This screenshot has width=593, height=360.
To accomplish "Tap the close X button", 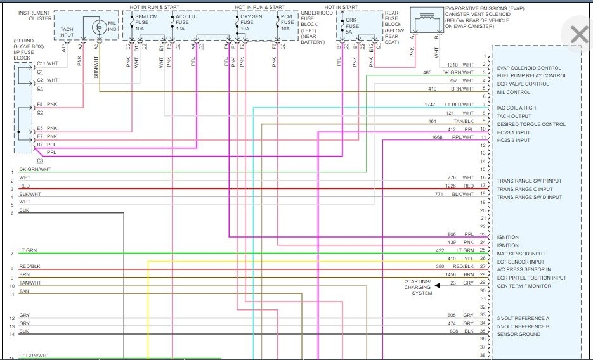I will [579, 35].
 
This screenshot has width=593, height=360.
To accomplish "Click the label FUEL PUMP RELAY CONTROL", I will [531, 75].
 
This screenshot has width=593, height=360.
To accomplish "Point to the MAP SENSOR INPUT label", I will [520, 254].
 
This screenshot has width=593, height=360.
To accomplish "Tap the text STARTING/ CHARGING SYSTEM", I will [419, 286].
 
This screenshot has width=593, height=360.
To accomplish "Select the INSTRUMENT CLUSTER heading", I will [35, 16].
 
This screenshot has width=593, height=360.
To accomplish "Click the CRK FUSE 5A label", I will [353, 25].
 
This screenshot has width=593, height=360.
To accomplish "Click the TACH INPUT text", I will [67, 32].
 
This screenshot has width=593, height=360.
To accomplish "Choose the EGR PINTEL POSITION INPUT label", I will [531, 278].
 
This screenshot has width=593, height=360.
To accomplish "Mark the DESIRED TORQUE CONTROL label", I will [531, 124].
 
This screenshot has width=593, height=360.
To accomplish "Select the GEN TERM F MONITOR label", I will [524, 286].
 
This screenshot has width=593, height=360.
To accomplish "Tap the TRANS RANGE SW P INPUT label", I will [529, 181].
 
